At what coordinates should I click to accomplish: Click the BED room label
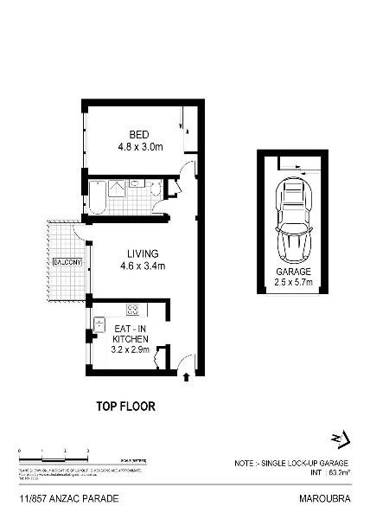pyautogui.click(x=139, y=135)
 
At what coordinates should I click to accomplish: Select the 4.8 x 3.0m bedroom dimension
pyautogui.click(x=139, y=146)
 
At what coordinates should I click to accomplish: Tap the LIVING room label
pyautogui.click(x=142, y=253)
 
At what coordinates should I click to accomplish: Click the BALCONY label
pyautogui.click(x=66, y=261)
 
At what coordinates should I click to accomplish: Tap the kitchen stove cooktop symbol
pyautogui.click(x=134, y=310)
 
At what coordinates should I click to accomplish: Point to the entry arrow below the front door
pyautogui.click(x=188, y=376)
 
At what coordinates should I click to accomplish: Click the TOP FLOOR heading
pyautogui.click(x=125, y=405)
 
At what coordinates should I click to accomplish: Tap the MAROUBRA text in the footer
pyautogui.click(x=329, y=499)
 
